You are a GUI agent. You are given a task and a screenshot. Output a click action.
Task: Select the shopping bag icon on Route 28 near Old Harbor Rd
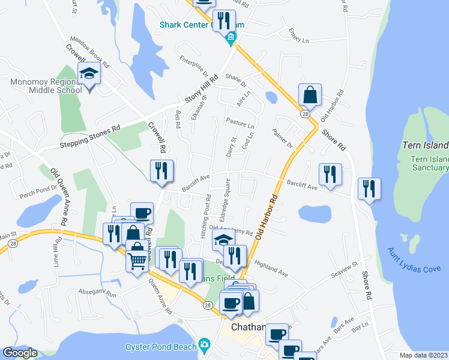(x=310, y=95)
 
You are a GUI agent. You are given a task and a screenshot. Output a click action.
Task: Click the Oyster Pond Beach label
(x=160, y=347)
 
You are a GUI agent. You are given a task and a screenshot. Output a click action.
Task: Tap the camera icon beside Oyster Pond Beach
(x=205, y=346)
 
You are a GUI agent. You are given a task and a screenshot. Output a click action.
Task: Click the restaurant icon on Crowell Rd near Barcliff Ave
(x=161, y=171)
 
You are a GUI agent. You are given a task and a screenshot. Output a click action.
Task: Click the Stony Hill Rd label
(x=202, y=95)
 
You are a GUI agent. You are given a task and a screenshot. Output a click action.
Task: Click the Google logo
(x=20, y=353)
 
